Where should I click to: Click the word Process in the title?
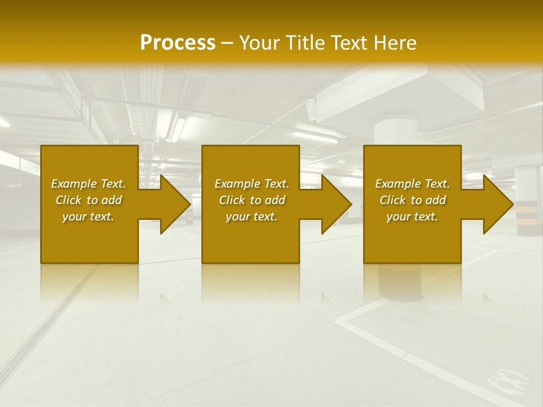[x=178, y=42]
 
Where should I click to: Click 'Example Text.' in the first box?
[x=88, y=184]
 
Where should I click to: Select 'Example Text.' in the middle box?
[x=252, y=184]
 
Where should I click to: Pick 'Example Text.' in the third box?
[x=412, y=184]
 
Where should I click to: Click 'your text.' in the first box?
[x=88, y=217]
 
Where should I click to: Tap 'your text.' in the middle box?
[x=252, y=217]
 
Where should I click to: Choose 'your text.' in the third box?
[x=412, y=217]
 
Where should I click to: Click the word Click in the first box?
[x=68, y=200]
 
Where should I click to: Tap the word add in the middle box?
[x=274, y=200]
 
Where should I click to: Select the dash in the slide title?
[x=227, y=43]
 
